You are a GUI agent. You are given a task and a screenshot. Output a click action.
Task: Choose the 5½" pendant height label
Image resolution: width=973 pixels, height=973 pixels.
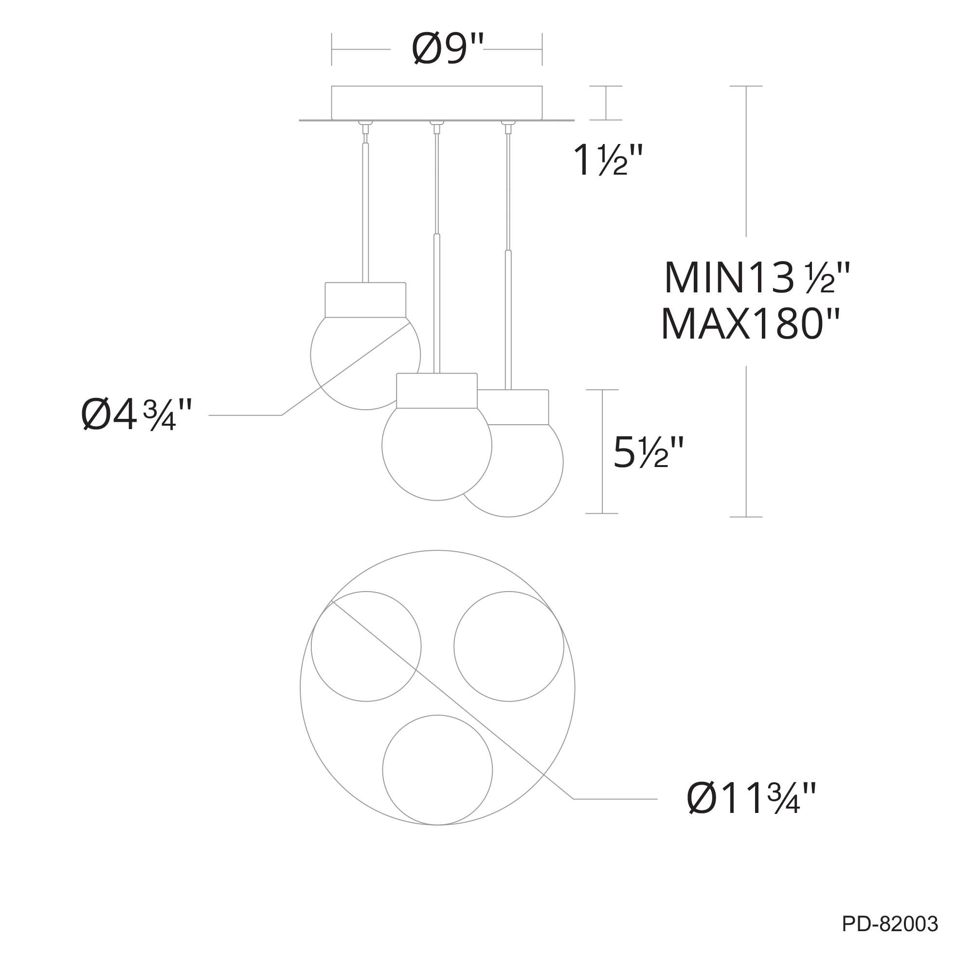click(x=648, y=452)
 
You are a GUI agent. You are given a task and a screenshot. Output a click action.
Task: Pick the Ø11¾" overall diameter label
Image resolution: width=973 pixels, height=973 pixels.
click(x=751, y=798)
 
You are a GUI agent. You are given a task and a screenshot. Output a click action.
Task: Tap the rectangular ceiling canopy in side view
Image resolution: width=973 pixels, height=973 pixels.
click(x=437, y=103)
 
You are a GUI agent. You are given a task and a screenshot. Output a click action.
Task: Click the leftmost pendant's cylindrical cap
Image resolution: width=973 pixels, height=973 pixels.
click(x=366, y=300)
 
